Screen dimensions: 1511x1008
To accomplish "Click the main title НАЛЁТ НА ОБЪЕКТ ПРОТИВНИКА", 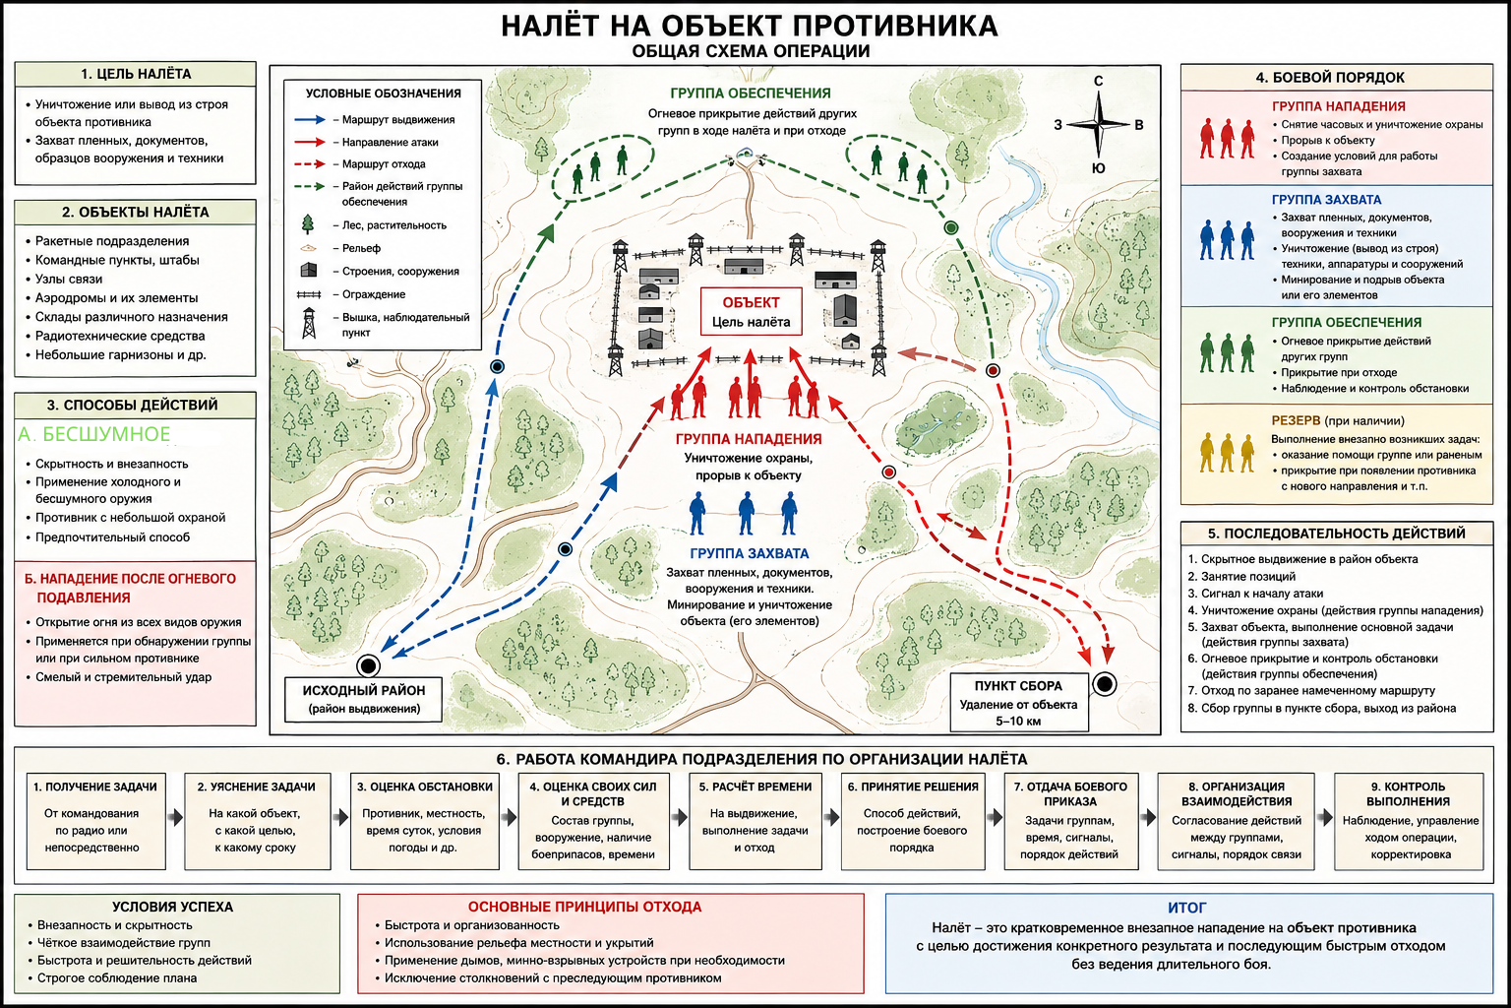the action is (x=750, y=26).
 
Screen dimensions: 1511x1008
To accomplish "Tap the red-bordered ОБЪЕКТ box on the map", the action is (x=751, y=311).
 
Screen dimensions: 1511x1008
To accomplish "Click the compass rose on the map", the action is (x=1098, y=124).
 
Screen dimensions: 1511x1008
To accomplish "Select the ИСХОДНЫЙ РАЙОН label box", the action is (x=364, y=700).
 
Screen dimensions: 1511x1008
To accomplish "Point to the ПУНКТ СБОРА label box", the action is (x=1018, y=702).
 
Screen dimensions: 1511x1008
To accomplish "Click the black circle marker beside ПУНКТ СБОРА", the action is (x=1105, y=684).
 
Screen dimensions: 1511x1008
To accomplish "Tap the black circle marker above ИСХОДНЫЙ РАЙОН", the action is (x=368, y=665).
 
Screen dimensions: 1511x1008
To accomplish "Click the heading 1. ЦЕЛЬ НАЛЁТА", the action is (x=136, y=74).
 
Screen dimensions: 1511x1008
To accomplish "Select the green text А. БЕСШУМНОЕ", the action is (x=93, y=434).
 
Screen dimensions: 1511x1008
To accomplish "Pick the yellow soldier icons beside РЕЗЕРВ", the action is (x=1227, y=453).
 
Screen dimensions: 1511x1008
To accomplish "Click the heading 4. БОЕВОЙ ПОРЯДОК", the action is (x=1330, y=78).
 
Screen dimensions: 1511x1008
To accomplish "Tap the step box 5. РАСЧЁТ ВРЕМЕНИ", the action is (x=755, y=821).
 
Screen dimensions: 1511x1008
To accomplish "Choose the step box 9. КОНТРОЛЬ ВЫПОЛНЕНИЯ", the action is (x=1409, y=821).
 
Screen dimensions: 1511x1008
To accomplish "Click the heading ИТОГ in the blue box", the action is (x=1187, y=908).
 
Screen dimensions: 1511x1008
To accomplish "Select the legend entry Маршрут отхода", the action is (x=384, y=164).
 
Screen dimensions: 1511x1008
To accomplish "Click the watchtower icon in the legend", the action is (x=309, y=324).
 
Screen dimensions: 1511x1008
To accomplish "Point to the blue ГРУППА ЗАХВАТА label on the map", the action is (x=750, y=553).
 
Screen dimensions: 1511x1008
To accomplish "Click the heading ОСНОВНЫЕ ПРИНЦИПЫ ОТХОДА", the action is (x=585, y=907).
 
